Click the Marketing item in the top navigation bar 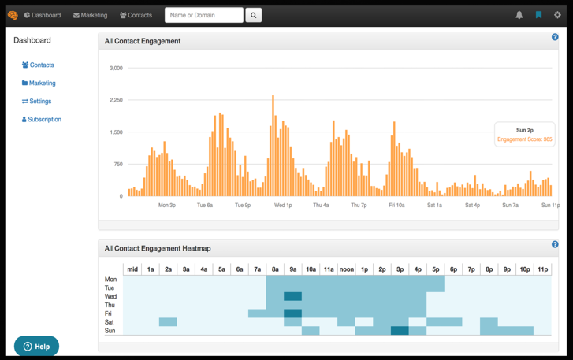point(91,15)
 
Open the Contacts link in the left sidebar point(39,65)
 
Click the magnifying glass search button point(253,15)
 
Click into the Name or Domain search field point(203,15)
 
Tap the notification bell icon point(519,15)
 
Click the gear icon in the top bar point(557,15)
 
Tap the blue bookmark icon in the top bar point(539,15)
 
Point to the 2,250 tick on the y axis point(115,100)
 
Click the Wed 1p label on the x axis point(283,206)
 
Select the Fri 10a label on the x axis point(396,206)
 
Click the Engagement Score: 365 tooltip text point(525,139)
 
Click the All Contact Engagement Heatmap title point(158,248)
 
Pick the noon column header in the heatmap point(347,269)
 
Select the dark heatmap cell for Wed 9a point(292,297)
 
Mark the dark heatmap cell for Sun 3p point(400,331)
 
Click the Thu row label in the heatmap point(110,305)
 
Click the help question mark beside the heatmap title point(555,245)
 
